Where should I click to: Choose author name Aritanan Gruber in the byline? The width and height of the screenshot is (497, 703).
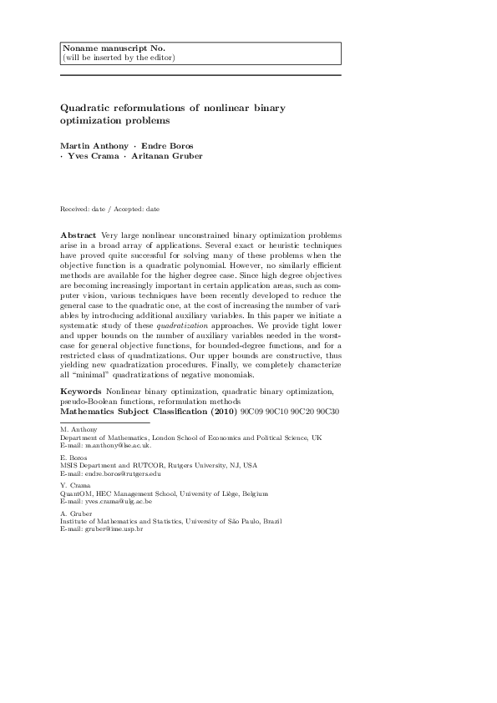tap(171, 156)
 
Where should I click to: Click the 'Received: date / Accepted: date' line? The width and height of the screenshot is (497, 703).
tap(110, 208)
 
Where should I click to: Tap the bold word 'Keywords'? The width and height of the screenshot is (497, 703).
tap(81, 390)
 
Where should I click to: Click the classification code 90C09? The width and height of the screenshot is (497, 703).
tap(251, 412)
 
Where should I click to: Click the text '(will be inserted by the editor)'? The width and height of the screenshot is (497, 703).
tap(118, 58)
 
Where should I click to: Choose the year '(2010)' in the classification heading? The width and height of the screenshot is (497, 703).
tap(224, 412)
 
